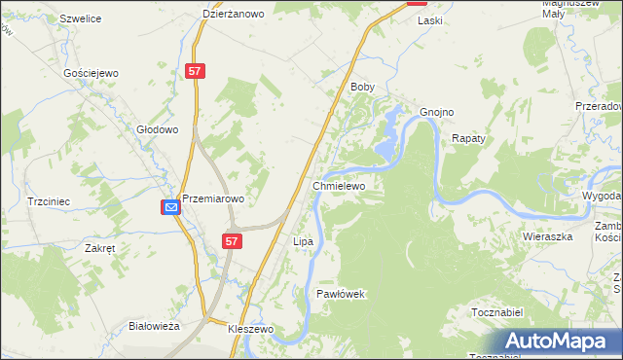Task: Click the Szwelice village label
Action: [82, 18]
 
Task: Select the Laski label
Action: [429, 19]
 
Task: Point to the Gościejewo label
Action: [91, 73]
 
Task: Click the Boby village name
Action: [362, 87]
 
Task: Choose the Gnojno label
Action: [437, 112]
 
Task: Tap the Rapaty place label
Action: [468, 139]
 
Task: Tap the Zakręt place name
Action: [100, 248]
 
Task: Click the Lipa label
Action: [302, 240]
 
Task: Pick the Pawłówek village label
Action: [341, 293]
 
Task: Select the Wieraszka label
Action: [545, 236]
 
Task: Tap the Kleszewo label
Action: [251, 330]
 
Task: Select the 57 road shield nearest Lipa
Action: [231, 240]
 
